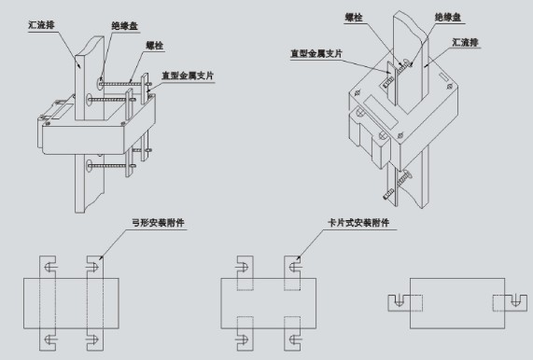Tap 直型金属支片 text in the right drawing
click(316, 54)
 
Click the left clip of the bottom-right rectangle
click(402, 299)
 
